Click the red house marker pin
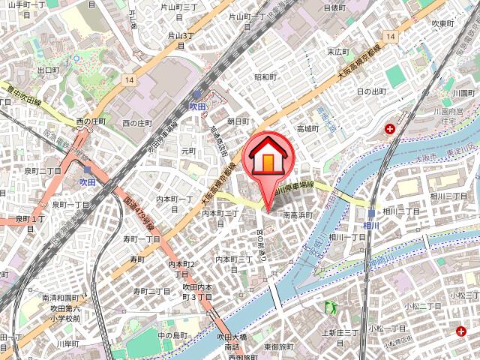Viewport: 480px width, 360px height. [267, 162]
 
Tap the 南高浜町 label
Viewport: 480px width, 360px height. [301, 214]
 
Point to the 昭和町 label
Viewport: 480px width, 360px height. [266, 77]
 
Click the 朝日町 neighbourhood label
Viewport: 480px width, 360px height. [238, 120]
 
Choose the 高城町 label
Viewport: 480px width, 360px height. [308, 128]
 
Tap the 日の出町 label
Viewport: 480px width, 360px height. [371, 91]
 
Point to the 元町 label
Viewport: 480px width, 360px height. [187, 151]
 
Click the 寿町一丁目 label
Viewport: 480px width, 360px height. [142, 238]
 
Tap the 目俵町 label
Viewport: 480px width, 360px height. [334, 7]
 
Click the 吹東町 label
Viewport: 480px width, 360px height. [443, 23]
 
